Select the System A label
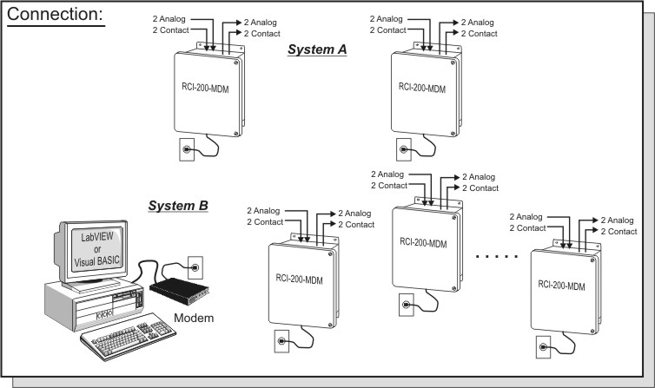318,50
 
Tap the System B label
177,206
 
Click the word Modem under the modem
193,318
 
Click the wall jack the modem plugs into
195,260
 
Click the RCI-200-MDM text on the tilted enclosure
566,284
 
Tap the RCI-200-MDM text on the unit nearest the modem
301,279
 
